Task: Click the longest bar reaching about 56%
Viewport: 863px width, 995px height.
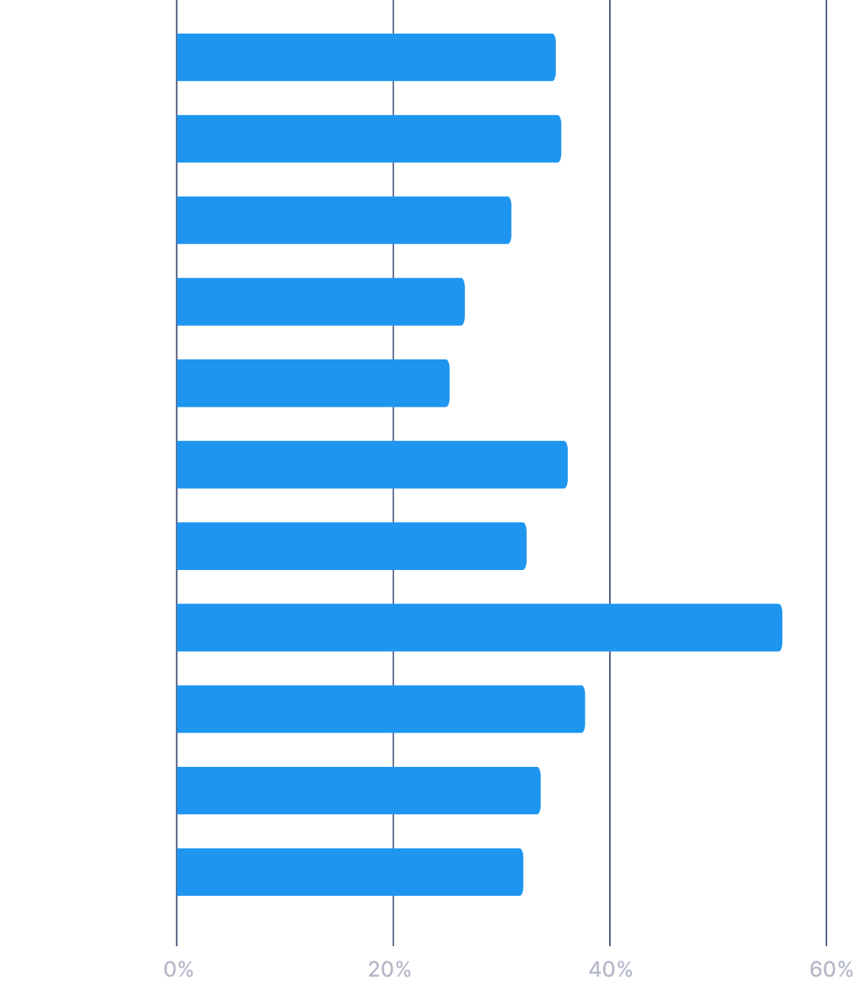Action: click(x=479, y=627)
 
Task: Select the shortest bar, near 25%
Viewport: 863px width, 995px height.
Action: click(x=313, y=383)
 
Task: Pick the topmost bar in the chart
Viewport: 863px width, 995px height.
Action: click(x=365, y=57)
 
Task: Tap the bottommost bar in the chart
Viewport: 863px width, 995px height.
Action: click(x=349, y=871)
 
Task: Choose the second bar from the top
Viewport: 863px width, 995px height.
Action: click(x=368, y=138)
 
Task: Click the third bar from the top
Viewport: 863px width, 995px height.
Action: click(x=343, y=220)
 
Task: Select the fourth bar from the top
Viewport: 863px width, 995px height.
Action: click(x=320, y=301)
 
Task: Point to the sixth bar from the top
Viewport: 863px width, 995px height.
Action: click(x=371, y=464)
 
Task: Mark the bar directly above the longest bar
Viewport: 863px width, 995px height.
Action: click(x=351, y=546)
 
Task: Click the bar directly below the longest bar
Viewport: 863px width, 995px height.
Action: click(x=380, y=709)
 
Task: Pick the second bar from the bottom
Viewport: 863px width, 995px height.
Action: click(x=358, y=791)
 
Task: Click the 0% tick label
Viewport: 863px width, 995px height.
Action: click(x=178, y=970)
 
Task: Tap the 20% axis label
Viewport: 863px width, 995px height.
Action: click(x=390, y=970)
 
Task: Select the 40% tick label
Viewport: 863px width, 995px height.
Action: click(x=611, y=970)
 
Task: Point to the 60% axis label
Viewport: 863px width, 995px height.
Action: click(x=831, y=970)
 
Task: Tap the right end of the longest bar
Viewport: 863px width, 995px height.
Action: click(x=780, y=627)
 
